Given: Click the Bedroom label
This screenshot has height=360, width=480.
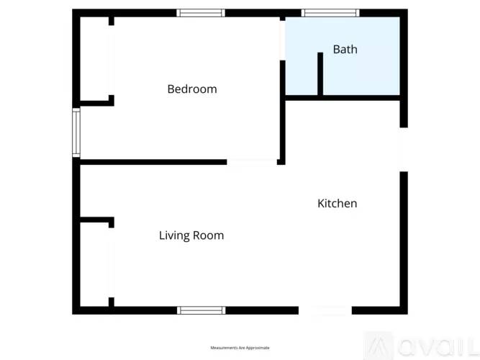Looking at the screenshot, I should coord(192,89).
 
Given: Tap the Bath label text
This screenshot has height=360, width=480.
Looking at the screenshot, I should coord(345,50).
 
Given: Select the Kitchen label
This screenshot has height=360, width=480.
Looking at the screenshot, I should coord(337,204).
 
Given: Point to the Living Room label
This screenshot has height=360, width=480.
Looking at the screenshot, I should coord(191,235).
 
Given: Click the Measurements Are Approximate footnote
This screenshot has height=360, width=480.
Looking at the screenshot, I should coord(240,348).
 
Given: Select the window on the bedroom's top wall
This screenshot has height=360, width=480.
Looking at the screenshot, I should coord(201,13).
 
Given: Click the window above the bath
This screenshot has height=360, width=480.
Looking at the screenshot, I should coord(330,13).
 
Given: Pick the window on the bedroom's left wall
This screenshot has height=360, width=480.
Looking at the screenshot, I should coord(76,132).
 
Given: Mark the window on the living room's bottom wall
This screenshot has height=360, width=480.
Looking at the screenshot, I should coord(201,310).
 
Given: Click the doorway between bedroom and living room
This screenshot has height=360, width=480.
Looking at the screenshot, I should coord(252,162).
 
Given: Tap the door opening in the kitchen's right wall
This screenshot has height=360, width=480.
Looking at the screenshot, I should coord(404,150).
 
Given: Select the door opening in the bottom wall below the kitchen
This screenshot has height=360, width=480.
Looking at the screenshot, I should coord(325,310).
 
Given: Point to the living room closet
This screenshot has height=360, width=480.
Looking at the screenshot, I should coord(94,263).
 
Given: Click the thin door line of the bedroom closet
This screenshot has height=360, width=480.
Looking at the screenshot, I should coord(110,61).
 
